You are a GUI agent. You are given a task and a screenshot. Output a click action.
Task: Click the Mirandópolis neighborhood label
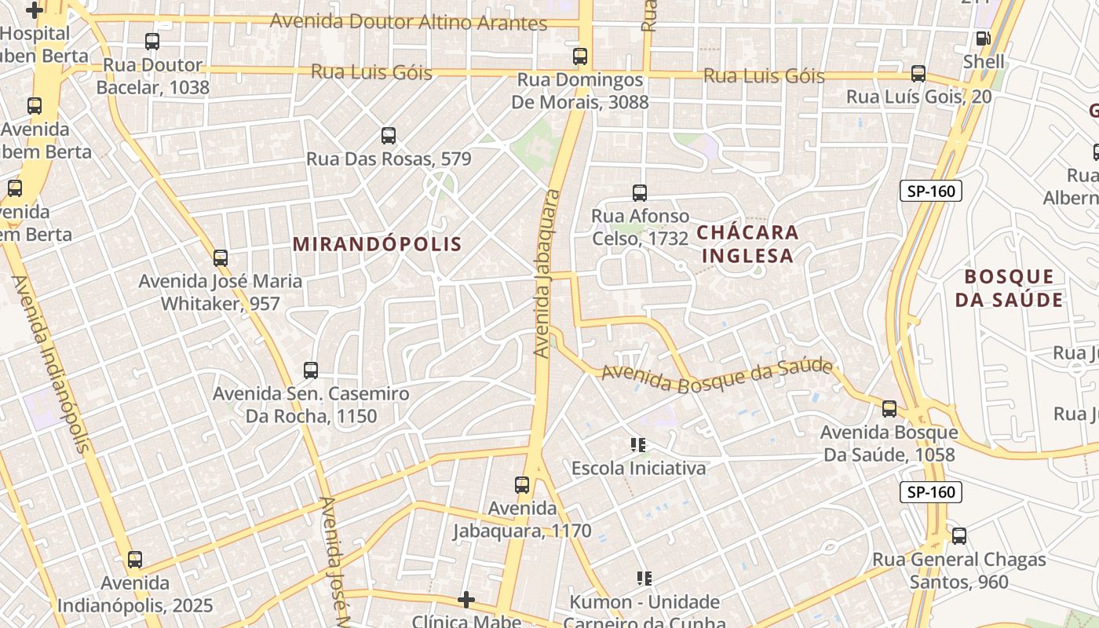[378, 244]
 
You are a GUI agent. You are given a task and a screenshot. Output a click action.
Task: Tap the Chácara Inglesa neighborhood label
[747, 244]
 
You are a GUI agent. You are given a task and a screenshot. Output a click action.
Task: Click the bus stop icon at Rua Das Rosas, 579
[389, 136]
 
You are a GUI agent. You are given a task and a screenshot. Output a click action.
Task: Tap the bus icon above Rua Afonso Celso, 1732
[640, 193]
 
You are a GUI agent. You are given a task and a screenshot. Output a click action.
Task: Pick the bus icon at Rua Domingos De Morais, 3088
[580, 57]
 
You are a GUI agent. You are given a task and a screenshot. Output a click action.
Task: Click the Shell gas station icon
[983, 38]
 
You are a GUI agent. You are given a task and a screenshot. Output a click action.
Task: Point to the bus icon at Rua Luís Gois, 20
[918, 74]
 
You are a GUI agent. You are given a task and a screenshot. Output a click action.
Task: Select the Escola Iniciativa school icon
[638, 446]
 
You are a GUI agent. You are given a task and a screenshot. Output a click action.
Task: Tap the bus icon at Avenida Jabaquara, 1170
[522, 485]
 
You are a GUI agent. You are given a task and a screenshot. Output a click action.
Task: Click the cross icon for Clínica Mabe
[466, 601]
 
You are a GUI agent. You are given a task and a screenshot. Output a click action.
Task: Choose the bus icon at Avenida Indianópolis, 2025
[135, 560]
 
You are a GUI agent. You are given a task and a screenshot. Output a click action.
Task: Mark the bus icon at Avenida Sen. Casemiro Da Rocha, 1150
[311, 371]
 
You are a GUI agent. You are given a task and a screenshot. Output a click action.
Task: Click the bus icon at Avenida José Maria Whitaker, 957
[221, 257]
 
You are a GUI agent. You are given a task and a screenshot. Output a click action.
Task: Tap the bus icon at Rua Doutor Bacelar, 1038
[152, 42]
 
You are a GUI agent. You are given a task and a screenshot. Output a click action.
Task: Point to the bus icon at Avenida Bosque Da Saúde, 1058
[889, 409]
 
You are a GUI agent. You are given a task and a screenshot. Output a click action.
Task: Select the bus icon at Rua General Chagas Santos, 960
[959, 536]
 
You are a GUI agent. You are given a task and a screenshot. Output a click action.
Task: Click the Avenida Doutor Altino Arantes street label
[408, 22]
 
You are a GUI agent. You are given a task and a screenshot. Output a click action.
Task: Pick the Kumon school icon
[644, 579]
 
